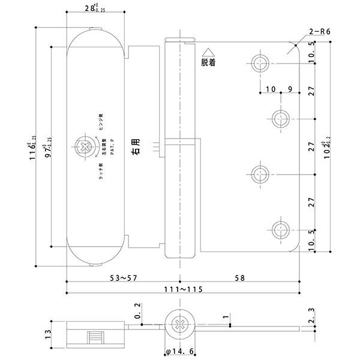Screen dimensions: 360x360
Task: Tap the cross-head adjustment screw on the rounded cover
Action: point(83,145)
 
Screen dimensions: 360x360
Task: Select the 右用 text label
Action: point(137,147)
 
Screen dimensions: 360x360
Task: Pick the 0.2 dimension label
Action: point(139,311)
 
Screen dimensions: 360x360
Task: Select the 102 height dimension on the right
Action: point(328,145)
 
